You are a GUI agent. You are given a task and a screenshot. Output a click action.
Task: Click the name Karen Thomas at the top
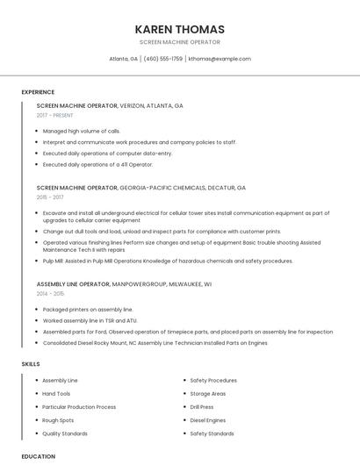point(180,29)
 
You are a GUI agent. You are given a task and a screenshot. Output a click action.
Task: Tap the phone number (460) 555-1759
point(163,59)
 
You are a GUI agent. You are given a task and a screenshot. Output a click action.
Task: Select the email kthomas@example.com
point(220,59)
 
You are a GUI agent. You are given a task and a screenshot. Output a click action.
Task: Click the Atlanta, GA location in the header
point(123,59)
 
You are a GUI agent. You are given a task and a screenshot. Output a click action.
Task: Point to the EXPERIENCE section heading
point(38,92)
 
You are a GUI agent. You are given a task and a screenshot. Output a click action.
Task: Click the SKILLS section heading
point(31,363)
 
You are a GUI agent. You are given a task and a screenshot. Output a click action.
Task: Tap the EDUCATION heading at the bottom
point(38,456)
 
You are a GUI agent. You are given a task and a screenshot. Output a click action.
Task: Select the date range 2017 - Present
point(54,115)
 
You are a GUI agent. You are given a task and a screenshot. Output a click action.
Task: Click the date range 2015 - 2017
point(50,197)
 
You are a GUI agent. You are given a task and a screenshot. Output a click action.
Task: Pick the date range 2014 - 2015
point(50,294)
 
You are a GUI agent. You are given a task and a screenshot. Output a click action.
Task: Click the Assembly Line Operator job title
point(74,284)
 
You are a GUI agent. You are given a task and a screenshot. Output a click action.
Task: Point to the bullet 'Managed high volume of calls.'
point(82,131)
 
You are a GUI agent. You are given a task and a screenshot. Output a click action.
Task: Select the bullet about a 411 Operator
point(97,164)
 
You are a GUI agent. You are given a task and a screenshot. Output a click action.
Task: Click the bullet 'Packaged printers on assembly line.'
point(88,310)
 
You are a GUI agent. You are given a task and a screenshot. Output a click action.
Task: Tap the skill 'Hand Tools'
point(56,394)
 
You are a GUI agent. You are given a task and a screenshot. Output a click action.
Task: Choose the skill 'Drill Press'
point(203,407)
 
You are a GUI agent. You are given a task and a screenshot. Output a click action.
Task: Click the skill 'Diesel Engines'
point(208,420)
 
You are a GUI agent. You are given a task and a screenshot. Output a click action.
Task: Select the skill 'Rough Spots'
point(58,420)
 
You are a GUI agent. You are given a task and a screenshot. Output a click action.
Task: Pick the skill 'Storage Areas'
point(208,394)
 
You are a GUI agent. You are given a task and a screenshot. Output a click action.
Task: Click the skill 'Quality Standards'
point(65,433)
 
